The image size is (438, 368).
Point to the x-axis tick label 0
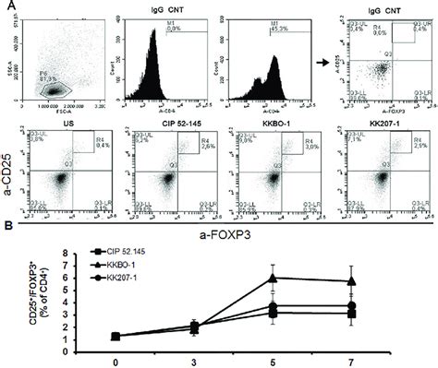(x=114, y=359)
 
